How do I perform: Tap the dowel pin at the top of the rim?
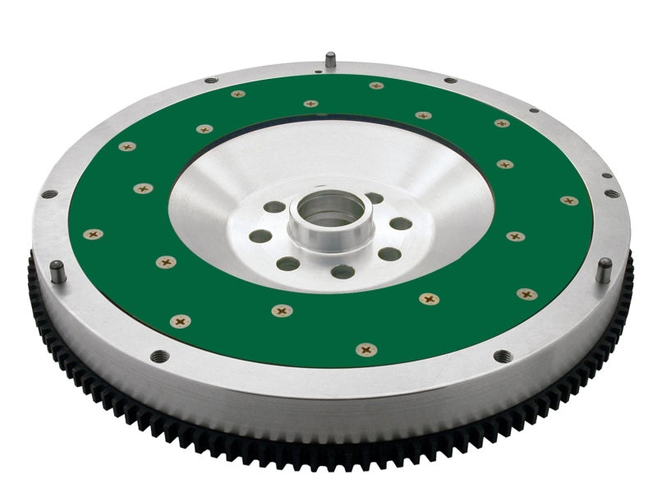point(330,60)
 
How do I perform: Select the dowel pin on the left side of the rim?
point(57,270)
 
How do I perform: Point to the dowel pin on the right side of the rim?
point(604,269)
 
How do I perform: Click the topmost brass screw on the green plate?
point(376,85)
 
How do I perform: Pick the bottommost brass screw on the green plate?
point(366,350)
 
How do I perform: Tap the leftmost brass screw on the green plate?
point(93,234)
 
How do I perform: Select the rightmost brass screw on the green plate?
point(568,200)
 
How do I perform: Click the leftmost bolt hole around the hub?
point(260,237)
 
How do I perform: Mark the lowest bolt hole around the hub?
point(342,271)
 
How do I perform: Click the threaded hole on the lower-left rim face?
point(159,356)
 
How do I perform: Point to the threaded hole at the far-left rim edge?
point(49,195)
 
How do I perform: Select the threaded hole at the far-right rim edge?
point(611,194)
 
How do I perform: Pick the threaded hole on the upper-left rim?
point(210,80)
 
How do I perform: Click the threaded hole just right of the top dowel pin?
point(450,80)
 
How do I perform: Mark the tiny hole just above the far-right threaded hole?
point(606,175)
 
